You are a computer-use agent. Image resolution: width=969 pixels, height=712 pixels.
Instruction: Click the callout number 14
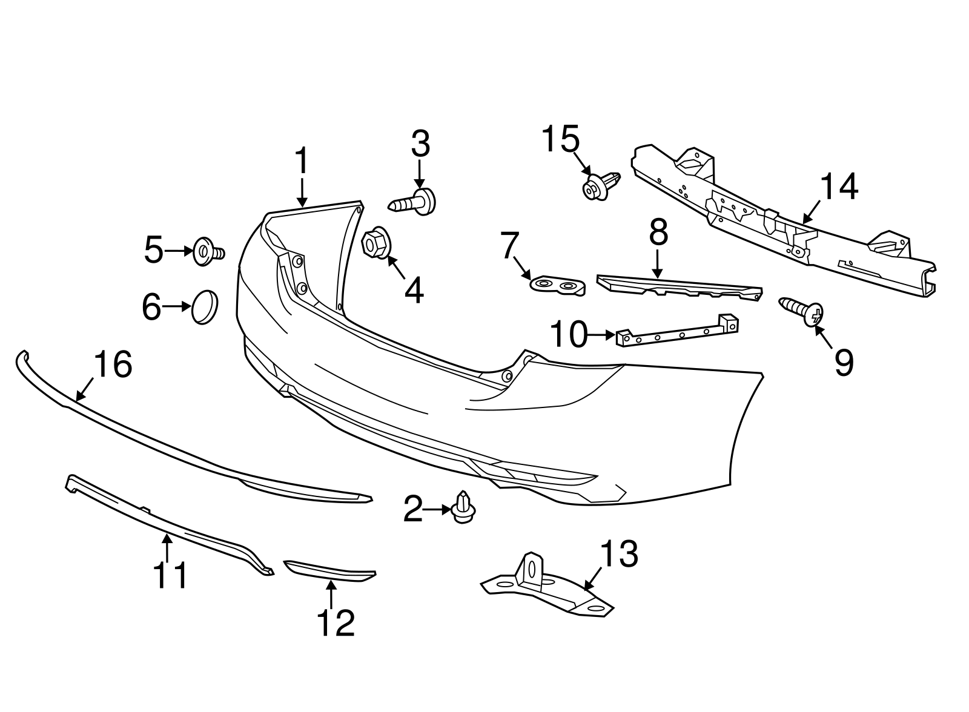pos(839,187)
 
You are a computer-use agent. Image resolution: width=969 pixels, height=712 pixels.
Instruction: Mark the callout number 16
pos(113,365)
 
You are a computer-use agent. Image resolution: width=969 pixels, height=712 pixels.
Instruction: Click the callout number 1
pos(302,162)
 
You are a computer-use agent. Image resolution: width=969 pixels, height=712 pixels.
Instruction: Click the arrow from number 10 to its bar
pos(602,334)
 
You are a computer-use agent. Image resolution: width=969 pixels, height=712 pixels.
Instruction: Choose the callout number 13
pos(619,554)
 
